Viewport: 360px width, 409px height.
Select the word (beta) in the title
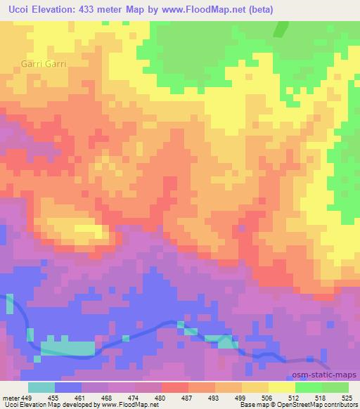click(257, 9)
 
